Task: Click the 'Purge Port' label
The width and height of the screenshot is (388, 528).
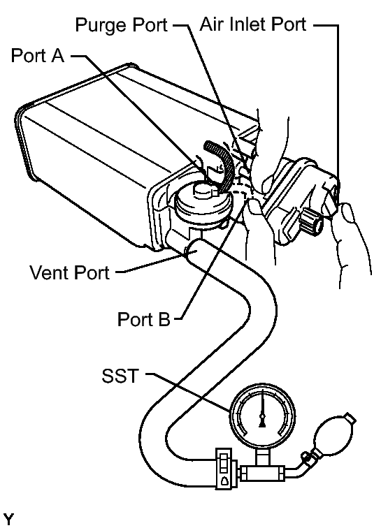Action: click(120, 26)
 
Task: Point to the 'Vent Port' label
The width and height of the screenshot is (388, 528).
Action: click(69, 273)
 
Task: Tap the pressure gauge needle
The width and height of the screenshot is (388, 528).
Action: click(262, 412)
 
